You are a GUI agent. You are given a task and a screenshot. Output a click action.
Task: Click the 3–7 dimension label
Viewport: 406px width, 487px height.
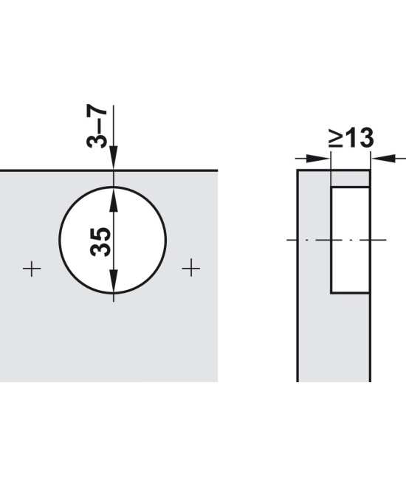pyautogui.click(x=97, y=128)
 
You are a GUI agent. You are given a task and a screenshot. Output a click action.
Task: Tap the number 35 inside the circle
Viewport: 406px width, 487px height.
pyautogui.click(x=100, y=242)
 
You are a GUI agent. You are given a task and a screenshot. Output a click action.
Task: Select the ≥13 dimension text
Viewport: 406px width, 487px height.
pyautogui.click(x=351, y=138)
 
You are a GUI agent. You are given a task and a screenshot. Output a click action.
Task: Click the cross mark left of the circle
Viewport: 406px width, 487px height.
pyautogui.click(x=32, y=268)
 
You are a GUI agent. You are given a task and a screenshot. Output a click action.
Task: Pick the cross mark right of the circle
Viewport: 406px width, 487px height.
pyautogui.click(x=190, y=268)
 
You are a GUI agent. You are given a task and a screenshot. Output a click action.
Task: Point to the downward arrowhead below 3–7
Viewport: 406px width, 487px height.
pyautogui.click(x=114, y=157)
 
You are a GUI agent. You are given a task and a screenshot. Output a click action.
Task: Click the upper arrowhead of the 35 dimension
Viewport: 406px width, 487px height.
pyautogui.click(x=114, y=199)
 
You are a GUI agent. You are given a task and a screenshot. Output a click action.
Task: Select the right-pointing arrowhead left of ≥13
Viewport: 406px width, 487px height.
pyautogui.click(x=317, y=159)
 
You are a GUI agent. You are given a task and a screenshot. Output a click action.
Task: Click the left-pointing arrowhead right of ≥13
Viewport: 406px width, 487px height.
pyautogui.click(x=383, y=159)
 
